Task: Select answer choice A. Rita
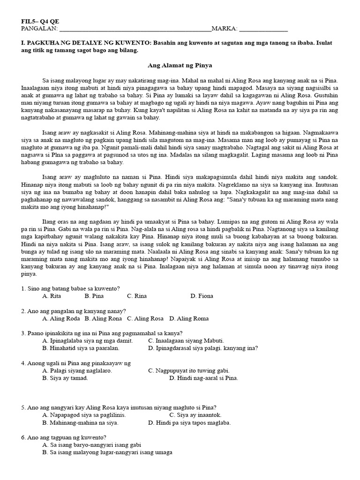pos(52,296)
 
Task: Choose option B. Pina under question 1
pos(94,296)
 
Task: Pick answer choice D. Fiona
pos(202,296)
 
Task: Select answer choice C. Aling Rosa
pos(145,318)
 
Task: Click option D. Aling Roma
pos(189,318)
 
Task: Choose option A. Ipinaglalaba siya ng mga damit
pos(87,341)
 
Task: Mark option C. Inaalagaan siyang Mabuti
pos(186,341)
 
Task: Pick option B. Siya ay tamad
pos(65,378)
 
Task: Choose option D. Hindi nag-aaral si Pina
pos(203,378)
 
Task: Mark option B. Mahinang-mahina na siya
pos(80,422)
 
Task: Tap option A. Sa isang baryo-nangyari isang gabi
pos(91,445)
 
